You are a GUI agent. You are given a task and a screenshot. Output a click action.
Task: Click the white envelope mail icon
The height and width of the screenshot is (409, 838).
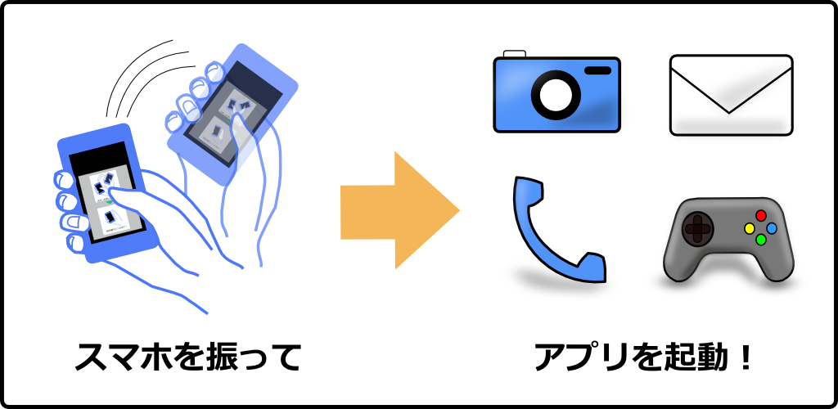click(x=731, y=94)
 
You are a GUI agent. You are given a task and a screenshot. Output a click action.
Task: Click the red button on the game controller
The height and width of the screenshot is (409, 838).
click(x=760, y=215)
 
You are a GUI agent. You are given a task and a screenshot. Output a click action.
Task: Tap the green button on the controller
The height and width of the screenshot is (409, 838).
click(x=760, y=240)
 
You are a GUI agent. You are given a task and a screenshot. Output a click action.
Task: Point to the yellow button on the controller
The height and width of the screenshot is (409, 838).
click(x=748, y=228)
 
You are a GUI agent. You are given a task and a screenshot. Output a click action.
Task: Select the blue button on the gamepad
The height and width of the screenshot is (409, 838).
click(x=772, y=227)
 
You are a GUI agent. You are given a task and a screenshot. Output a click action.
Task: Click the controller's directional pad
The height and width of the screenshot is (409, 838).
click(x=696, y=228)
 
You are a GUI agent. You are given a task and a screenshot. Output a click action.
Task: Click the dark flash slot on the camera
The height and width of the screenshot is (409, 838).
click(x=598, y=71)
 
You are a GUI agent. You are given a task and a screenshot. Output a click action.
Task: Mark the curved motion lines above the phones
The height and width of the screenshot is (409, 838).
click(x=143, y=78)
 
